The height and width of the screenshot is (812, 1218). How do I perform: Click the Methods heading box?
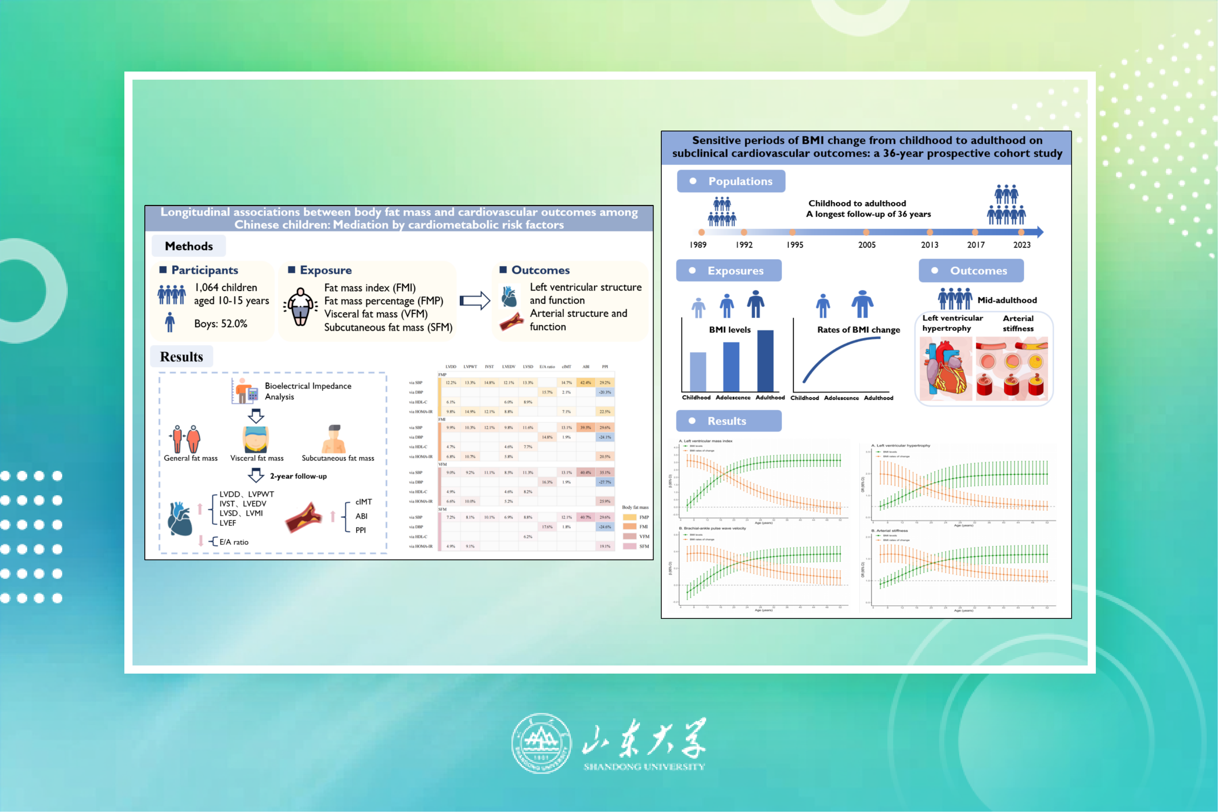pyautogui.click(x=188, y=246)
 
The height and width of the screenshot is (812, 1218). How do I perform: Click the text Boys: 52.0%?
pyautogui.click(x=221, y=324)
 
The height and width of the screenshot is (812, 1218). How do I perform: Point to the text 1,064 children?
pyautogui.click(x=226, y=287)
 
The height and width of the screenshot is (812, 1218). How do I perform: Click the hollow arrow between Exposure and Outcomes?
pyautogui.click(x=474, y=300)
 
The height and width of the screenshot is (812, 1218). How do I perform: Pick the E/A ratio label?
pyautogui.click(x=233, y=542)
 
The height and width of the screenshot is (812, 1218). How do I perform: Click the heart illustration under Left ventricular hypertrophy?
pyautogui.click(x=946, y=369)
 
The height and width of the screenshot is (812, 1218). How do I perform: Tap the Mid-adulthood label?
pyautogui.click(x=1007, y=300)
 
